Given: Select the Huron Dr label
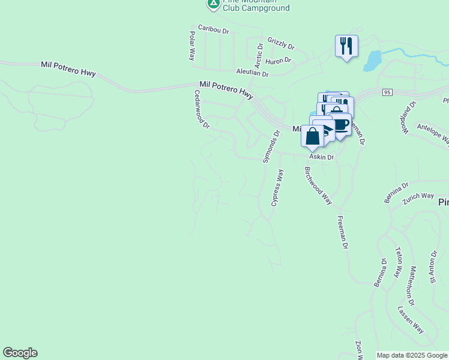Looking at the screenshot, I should (x=278, y=61).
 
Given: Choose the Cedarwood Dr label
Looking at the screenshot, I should (x=201, y=109).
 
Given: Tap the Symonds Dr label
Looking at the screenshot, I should (x=271, y=146).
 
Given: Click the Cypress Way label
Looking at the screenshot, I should (x=277, y=187).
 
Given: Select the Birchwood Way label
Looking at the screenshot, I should (x=318, y=185).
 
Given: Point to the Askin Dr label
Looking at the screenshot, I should (x=321, y=157).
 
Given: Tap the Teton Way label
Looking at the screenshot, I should (x=397, y=262).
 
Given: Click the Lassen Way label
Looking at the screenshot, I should (x=411, y=320).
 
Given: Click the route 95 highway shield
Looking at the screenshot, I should (x=387, y=92).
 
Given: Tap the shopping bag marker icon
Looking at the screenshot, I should (x=313, y=136).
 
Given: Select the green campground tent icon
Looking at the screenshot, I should (x=212, y=3).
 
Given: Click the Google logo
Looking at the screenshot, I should (x=20, y=353).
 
